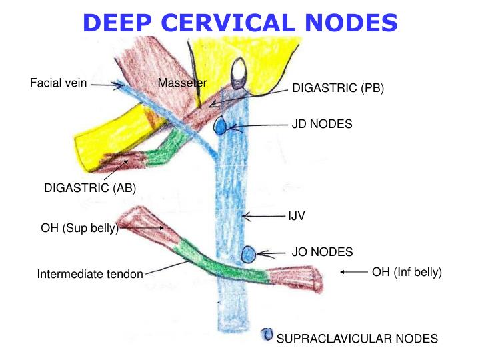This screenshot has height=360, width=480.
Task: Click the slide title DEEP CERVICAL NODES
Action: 241,23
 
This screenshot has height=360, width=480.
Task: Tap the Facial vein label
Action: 58,83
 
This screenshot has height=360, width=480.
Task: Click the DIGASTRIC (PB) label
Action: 338,89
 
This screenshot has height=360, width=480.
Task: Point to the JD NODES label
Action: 322,124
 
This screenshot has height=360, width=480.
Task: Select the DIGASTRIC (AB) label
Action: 90,188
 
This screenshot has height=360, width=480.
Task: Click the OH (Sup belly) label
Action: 79,229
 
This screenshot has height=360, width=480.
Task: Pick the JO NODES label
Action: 322,252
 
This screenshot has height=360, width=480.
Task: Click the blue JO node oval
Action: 248,254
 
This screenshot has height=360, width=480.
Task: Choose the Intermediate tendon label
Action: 90,274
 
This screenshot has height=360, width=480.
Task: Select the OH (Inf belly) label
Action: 407,271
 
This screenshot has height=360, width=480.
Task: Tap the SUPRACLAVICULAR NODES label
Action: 357,339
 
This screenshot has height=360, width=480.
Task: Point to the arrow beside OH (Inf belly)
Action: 354,271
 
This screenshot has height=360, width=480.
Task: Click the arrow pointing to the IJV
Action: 263,216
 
